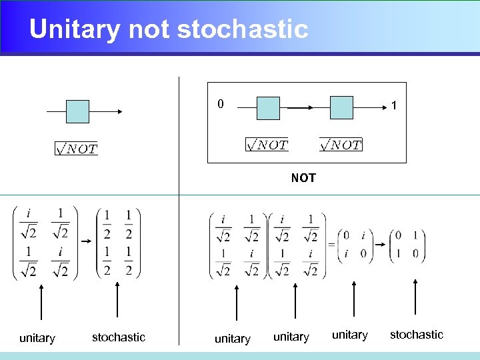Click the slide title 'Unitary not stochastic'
(x=169, y=29)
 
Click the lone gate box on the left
(x=77, y=111)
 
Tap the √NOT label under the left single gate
(x=76, y=149)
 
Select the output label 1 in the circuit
(x=395, y=105)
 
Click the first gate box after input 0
(x=268, y=108)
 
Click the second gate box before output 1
(x=341, y=107)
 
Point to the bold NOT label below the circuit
(x=303, y=178)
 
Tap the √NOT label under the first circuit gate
(x=267, y=145)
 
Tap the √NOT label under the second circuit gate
(x=341, y=145)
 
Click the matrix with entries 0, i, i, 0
(x=355, y=245)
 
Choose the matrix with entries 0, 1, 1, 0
(x=407, y=245)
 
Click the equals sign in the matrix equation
(x=331, y=245)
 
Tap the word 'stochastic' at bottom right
(x=416, y=335)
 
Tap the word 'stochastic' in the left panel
(x=119, y=337)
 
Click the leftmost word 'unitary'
(x=37, y=338)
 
